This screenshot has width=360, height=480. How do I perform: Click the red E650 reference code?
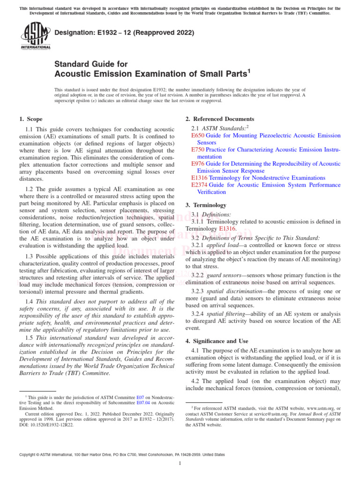[198, 135]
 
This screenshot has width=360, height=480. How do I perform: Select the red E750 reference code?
[198, 150]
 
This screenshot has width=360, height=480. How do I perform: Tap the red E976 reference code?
[198, 164]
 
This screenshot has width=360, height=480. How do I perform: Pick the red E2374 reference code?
[199, 185]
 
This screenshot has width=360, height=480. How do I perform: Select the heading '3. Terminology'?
[206, 205]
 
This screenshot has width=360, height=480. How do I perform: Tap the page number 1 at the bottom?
[180, 464]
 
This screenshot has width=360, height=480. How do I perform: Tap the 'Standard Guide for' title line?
[91, 64]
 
